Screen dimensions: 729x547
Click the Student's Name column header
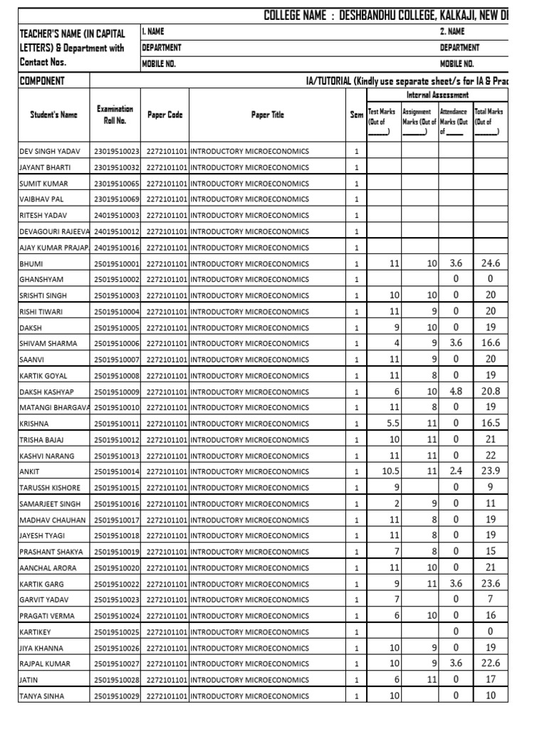coord(53,115)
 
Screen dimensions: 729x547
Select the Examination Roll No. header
coord(115,115)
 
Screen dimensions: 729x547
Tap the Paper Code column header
coord(165,115)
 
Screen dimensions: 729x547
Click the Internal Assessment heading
coord(437,95)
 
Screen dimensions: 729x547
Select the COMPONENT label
coord(42,80)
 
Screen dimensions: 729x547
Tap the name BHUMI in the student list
coord(31,263)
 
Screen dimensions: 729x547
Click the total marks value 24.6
coord(491,263)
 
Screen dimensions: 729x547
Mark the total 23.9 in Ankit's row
coord(491,471)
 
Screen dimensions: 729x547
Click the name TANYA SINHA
coord(41,696)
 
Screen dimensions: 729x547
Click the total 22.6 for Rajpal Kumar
coord(491,664)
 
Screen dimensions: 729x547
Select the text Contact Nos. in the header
coord(44,63)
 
